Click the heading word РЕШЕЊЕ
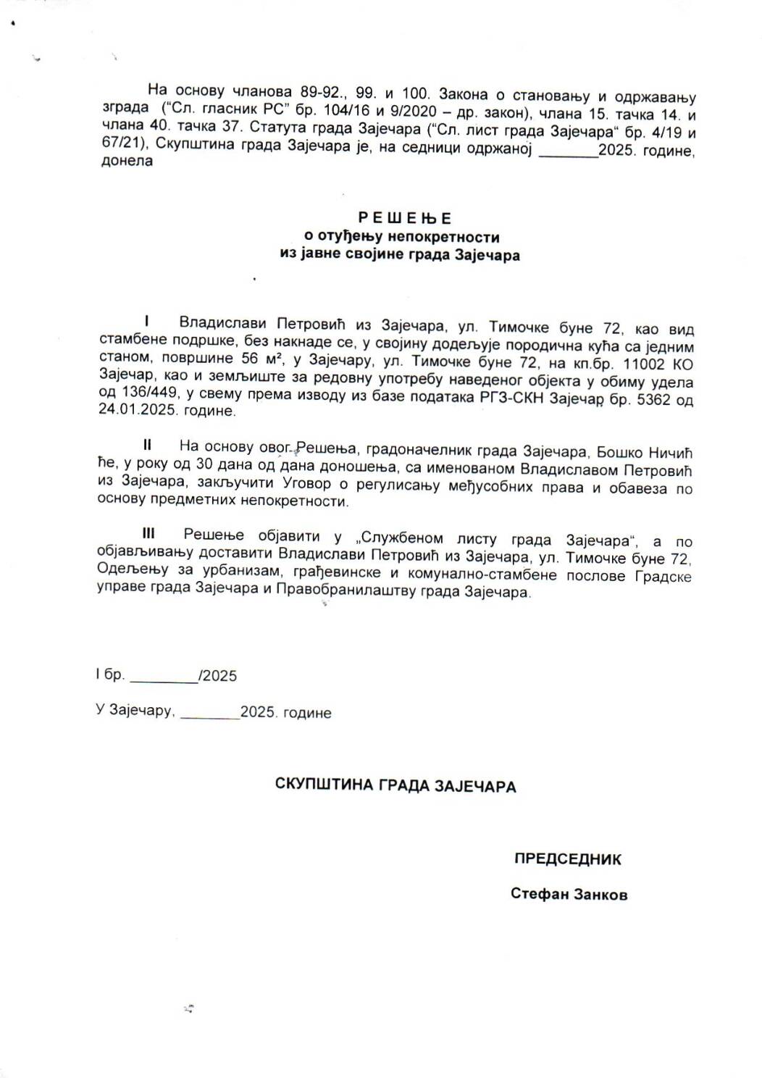click(405, 217)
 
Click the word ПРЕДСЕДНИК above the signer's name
click(568, 859)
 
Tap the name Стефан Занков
click(569, 894)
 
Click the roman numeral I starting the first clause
click(147, 320)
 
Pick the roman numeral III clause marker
click(148, 534)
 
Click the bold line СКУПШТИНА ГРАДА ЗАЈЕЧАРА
click(395, 785)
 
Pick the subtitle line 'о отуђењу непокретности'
click(401, 236)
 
